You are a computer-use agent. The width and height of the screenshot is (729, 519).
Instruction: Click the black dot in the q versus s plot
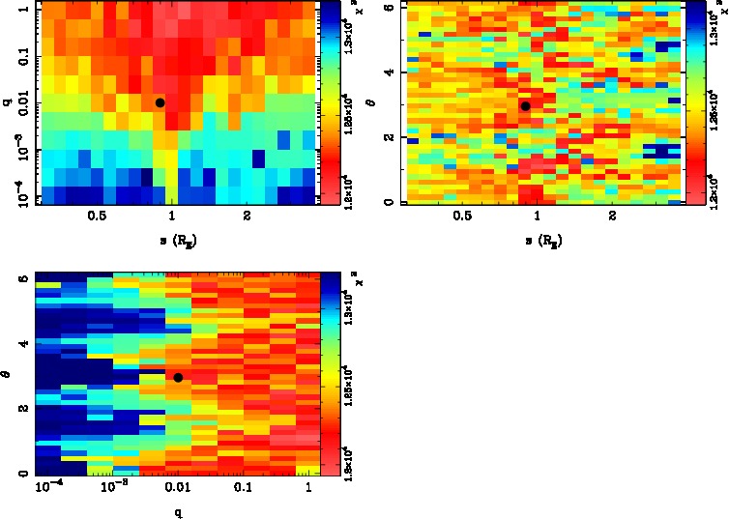tap(160, 102)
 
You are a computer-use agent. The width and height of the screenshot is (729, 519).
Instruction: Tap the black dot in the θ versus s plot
tap(525, 105)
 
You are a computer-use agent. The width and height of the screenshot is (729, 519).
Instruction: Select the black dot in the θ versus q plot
tap(178, 377)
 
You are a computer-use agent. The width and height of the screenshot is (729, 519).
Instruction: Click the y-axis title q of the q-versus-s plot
tap(9, 97)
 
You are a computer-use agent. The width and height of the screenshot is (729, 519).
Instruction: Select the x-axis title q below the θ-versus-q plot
tap(178, 509)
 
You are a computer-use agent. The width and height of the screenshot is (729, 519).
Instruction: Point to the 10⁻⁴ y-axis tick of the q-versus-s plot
tap(17, 196)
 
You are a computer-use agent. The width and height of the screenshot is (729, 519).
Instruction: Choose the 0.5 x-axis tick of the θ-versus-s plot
tap(462, 218)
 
